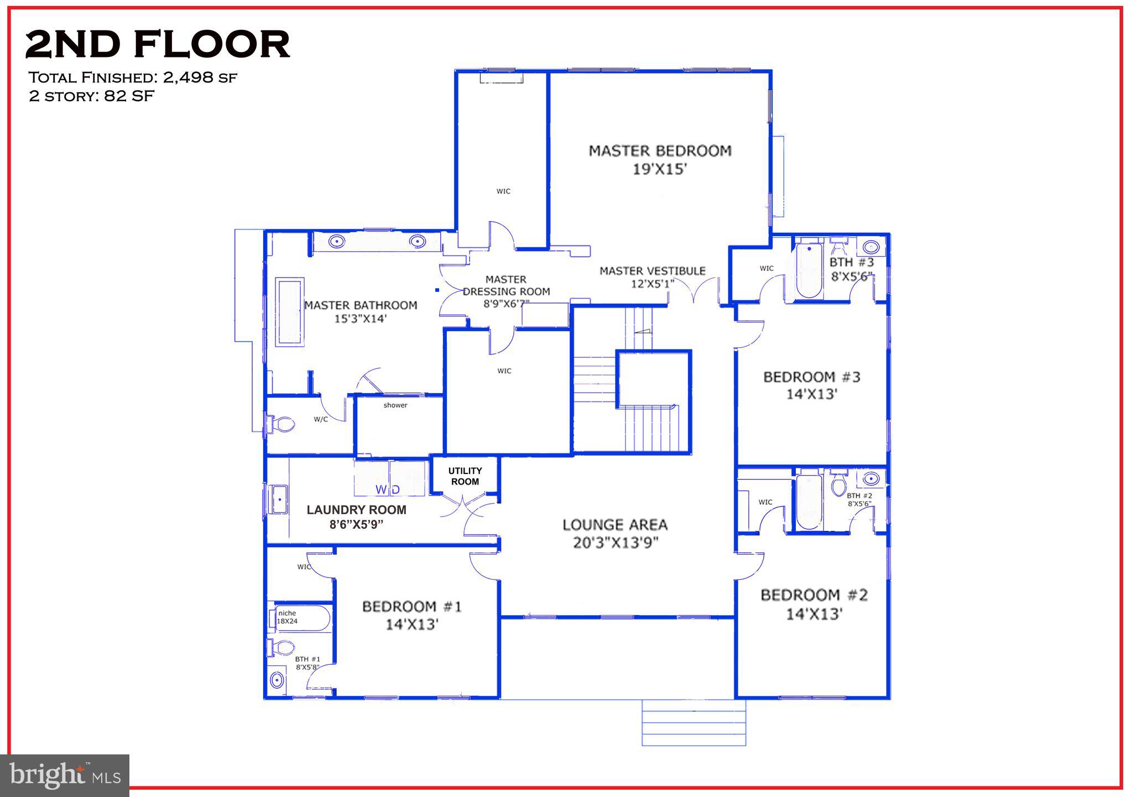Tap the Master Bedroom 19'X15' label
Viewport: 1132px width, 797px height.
coord(660,159)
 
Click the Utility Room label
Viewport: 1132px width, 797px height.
coord(465,476)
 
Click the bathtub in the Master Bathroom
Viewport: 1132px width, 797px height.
coord(290,313)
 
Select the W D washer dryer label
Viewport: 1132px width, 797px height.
coord(388,489)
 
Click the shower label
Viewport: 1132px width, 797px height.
coord(395,405)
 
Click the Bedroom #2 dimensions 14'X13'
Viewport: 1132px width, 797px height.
coord(814,614)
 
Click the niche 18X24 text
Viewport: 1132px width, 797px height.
coord(287,617)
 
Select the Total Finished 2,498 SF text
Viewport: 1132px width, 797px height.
coord(133,77)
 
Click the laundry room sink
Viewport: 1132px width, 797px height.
coord(279,499)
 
